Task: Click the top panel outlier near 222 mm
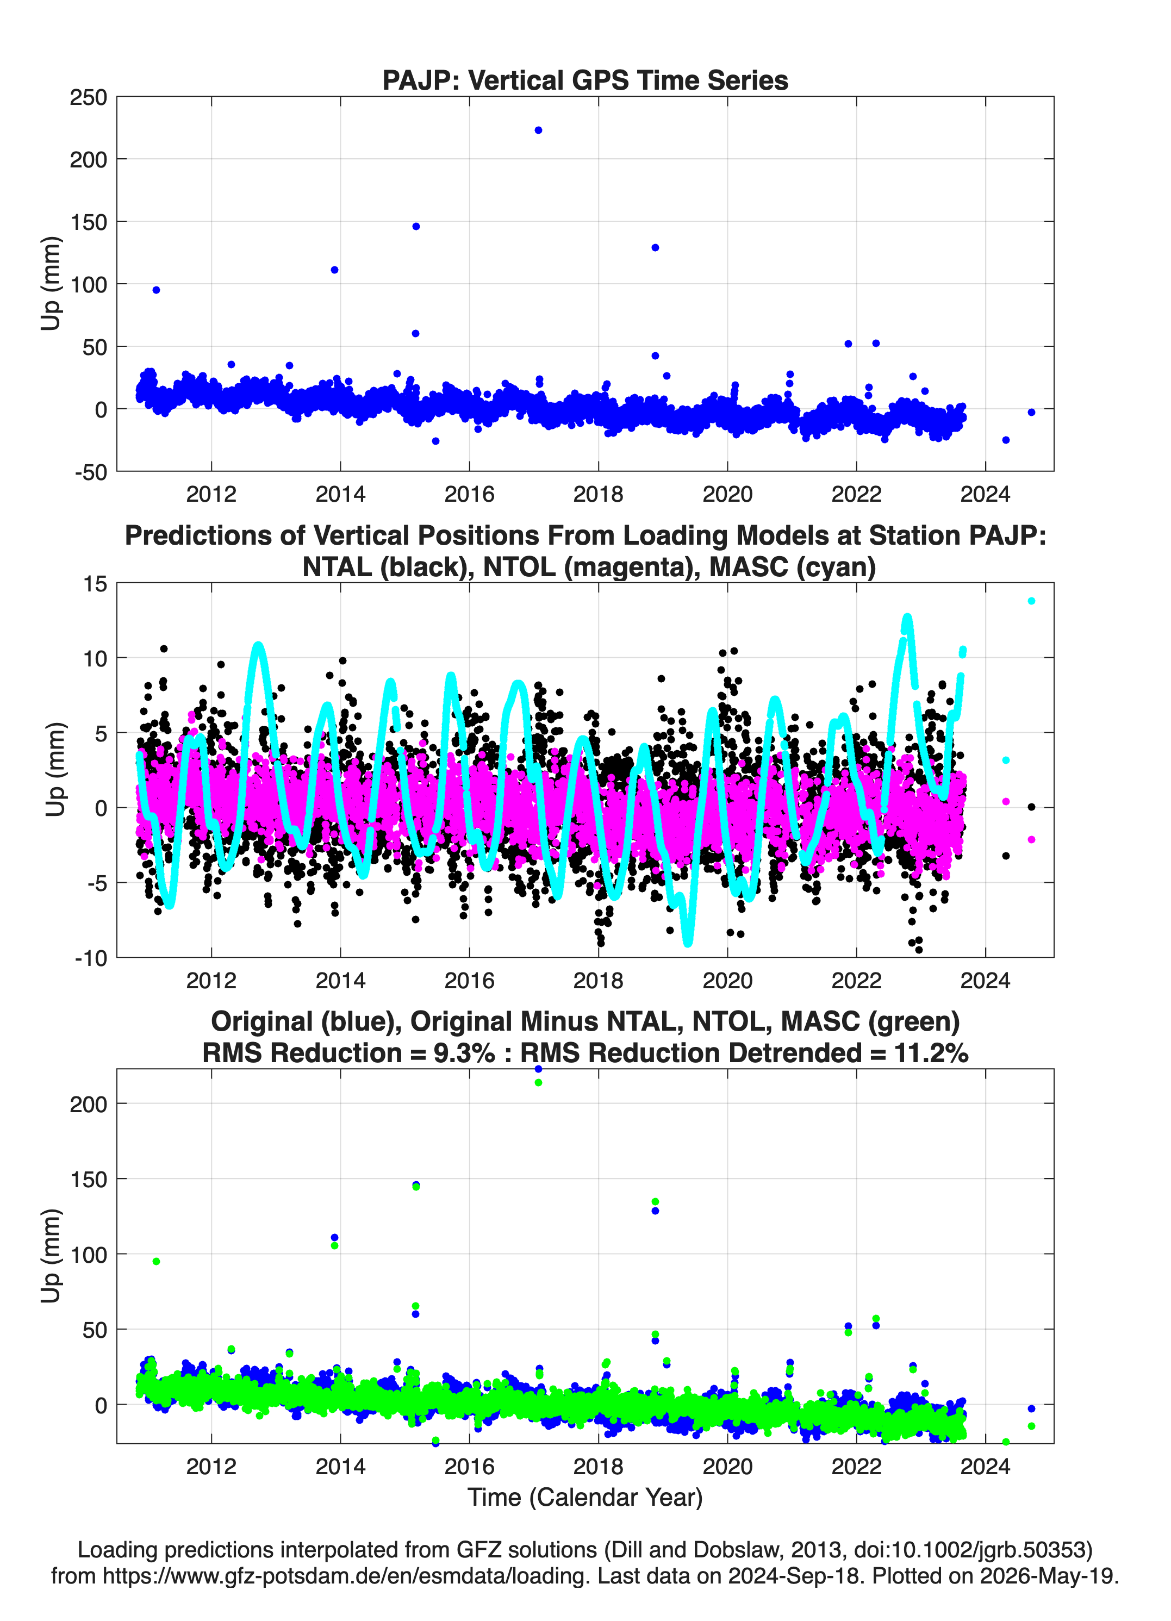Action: click(538, 130)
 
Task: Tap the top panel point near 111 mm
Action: click(334, 270)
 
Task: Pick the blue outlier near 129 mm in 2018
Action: click(655, 248)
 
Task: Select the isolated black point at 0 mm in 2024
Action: click(1031, 807)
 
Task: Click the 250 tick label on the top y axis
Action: click(89, 97)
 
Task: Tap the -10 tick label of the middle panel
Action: click(91, 958)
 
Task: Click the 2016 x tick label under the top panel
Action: click(469, 494)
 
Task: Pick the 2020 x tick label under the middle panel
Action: click(727, 980)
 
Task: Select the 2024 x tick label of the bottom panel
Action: click(985, 1466)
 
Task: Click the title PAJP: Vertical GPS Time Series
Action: click(585, 80)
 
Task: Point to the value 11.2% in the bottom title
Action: click(931, 1053)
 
